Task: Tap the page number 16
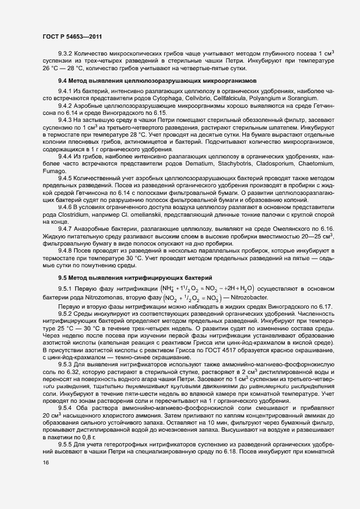(x=45, y=477)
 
